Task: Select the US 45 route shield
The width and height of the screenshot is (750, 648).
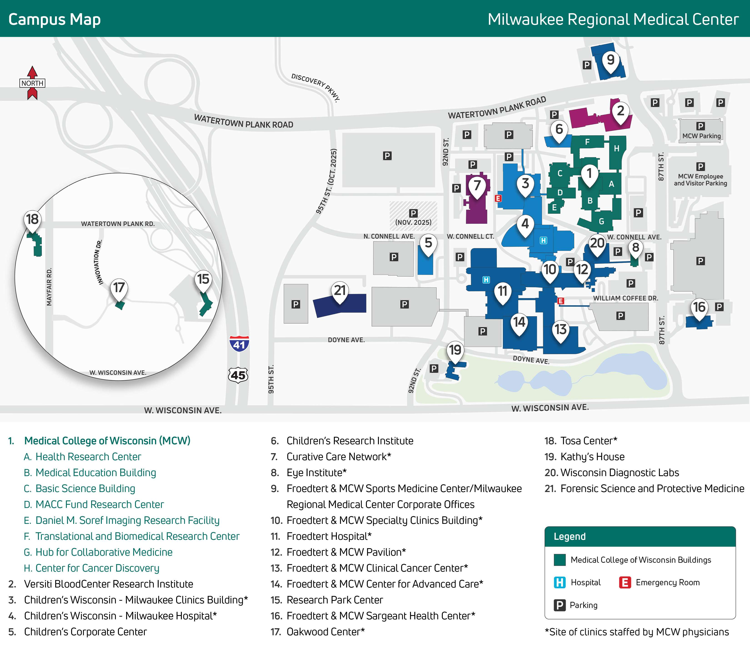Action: [238, 375]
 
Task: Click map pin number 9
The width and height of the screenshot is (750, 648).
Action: [611, 60]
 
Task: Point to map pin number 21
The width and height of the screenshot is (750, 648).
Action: [340, 291]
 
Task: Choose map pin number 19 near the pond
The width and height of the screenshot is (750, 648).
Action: [455, 350]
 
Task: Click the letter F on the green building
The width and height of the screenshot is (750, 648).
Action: [587, 142]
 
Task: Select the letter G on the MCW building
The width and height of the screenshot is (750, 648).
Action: [601, 221]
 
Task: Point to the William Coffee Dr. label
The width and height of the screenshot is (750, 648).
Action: [625, 298]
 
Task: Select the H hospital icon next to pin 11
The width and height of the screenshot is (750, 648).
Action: [486, 280]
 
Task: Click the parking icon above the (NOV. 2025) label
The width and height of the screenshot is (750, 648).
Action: [413, 213]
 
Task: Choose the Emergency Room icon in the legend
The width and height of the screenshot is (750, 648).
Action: [625, 583]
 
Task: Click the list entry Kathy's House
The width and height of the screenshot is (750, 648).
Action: [592, 457]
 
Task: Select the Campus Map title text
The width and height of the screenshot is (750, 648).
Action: [55, 19]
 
